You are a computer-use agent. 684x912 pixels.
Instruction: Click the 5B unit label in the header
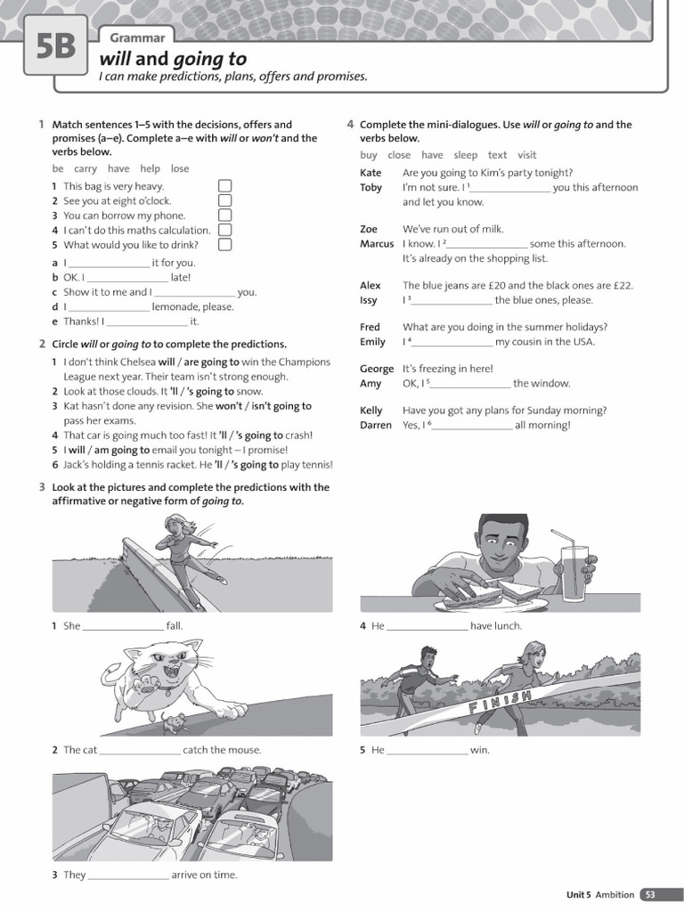click(55, 47)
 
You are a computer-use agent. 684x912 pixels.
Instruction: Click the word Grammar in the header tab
click(137, 37)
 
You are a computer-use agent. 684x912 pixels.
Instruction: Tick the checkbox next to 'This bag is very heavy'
click(224, 186)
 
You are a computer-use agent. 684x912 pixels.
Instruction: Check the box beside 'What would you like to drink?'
click(224, 245)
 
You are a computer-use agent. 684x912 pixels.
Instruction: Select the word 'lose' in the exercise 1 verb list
click(180, 168)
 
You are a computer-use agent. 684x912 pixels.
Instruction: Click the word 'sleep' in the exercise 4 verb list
click(465, 155)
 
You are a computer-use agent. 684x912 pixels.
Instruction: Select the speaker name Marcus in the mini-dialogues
click(377, 244)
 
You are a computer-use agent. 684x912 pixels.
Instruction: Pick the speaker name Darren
click(376, 426)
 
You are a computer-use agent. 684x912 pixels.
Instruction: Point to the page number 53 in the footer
click(651, 894)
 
